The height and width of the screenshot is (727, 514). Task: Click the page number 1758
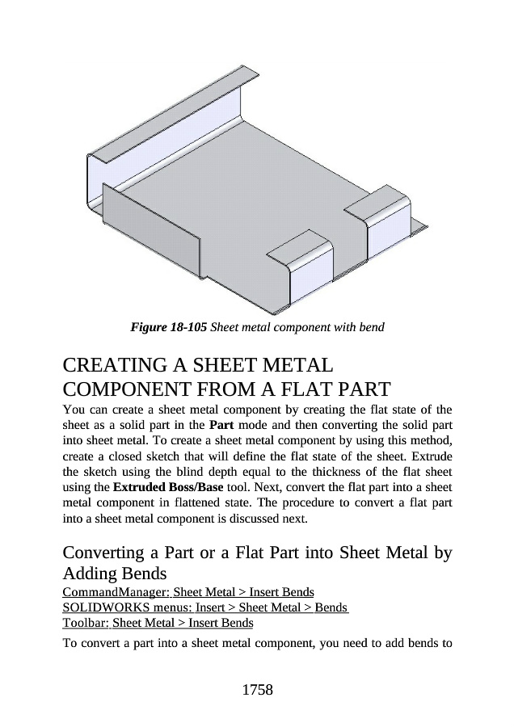pos(257,690)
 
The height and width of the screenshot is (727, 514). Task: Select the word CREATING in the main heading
pos(118,365)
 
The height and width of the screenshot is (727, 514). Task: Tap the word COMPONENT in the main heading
pos(130,389)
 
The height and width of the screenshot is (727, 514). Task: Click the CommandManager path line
pos(188,593)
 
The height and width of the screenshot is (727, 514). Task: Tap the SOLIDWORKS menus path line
pos(205,607)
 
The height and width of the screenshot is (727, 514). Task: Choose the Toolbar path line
pos(158,623)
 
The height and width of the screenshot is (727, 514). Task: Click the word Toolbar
pos(83,623)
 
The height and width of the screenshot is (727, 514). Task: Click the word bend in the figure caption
pos(370,328)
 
